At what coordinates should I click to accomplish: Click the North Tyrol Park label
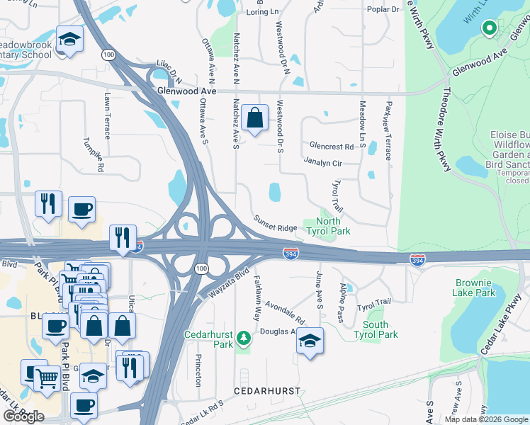point(328,225)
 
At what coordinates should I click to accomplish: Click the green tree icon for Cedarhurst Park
point(244,336)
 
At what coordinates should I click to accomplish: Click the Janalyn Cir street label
point(323,163)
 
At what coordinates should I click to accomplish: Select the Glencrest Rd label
point(331,147)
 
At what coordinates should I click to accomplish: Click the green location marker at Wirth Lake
point(489,28)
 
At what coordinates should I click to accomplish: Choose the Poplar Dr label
point(383,9)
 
